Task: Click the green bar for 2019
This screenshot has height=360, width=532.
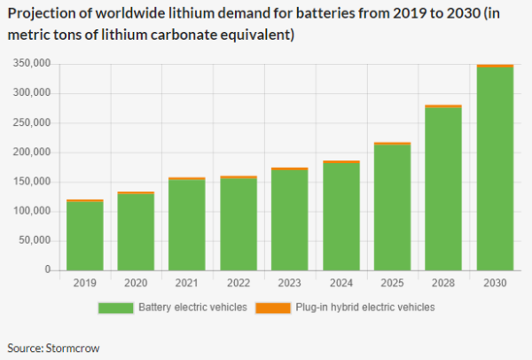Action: pos(85,236)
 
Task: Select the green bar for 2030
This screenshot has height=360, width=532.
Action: pos(495,168)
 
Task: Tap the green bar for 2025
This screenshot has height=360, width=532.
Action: pos(392,207)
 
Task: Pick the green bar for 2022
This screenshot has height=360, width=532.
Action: pos(239,224)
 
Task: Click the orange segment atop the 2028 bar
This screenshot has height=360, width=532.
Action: pos(443,106)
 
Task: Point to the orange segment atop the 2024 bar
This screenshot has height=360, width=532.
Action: pos(341,162)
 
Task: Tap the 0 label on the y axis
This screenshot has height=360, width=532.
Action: pos(48,270)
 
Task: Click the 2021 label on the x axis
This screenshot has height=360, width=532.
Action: pos(186,283)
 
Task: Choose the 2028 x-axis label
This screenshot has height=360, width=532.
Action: pos(443,283)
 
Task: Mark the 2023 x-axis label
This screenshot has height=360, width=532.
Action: pos(289,283)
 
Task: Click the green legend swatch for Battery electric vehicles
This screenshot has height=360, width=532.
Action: pos(115,308)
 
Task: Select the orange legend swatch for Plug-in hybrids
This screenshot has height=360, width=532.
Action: pos(273,308)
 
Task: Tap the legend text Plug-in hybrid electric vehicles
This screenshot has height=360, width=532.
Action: pos(365,308)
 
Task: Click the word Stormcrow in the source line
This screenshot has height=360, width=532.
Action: pos(73,348)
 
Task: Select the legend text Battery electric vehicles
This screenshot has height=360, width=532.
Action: pos(192,308)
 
